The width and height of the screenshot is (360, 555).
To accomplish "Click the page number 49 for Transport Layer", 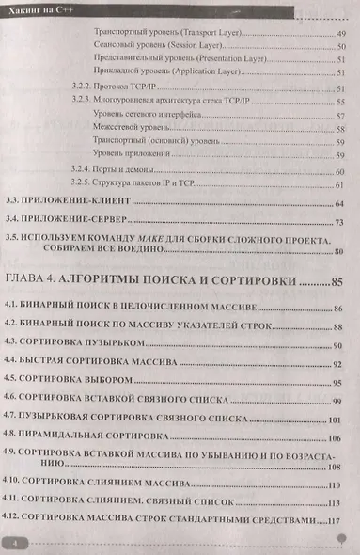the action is click(x=340, y=32).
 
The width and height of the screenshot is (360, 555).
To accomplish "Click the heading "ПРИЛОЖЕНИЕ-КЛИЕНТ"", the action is click(x=80, y=204).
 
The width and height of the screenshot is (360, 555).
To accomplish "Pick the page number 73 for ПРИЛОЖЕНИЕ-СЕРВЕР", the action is click(x=340, y=222).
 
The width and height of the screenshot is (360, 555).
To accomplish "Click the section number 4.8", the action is click(x=13, y=437).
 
